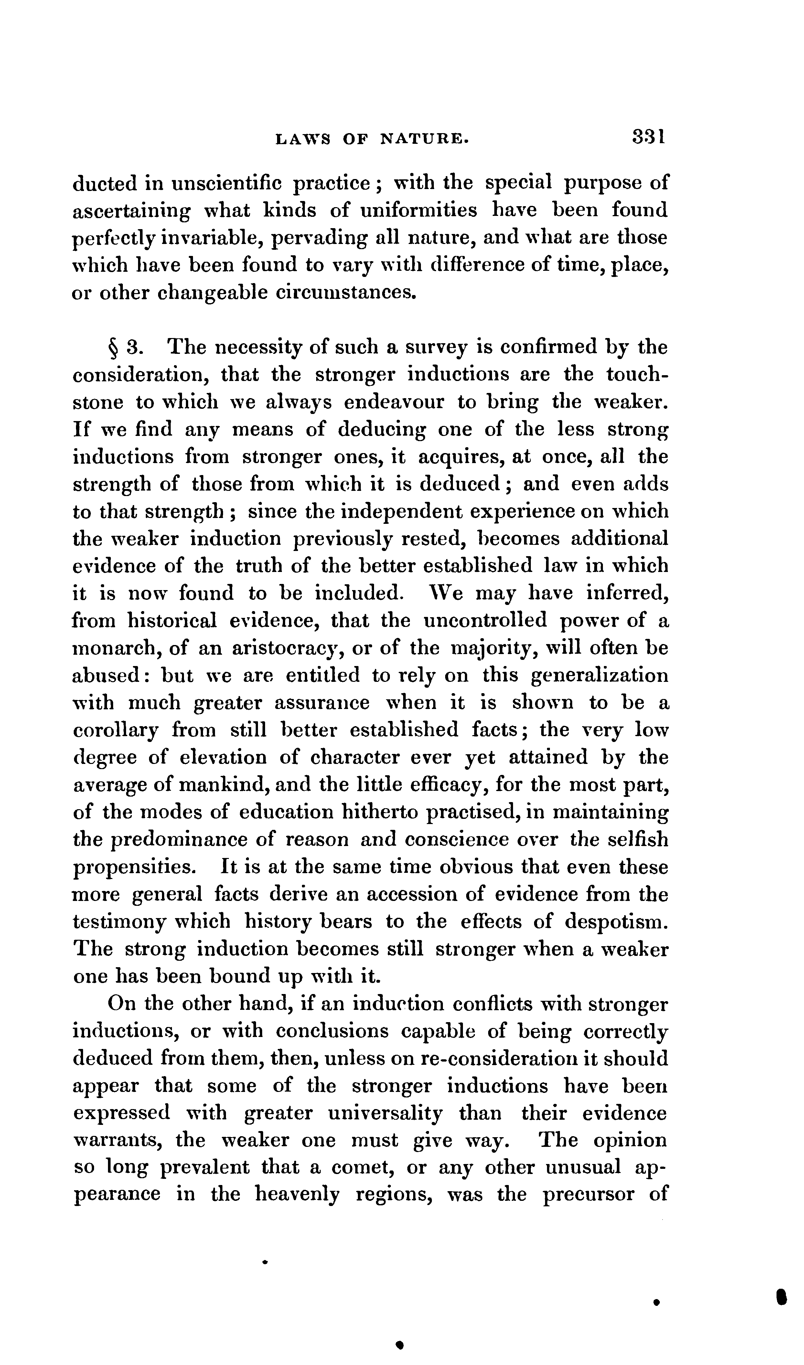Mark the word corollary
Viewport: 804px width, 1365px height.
(x=115, y=731)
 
